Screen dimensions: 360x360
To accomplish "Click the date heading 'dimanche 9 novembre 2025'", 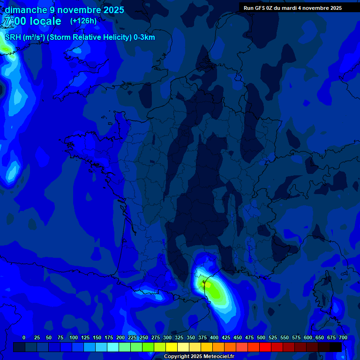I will [x=64, y=10].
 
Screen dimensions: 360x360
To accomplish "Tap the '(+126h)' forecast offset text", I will [x=83, y=21].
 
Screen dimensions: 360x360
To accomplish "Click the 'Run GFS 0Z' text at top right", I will [x=258, y=8].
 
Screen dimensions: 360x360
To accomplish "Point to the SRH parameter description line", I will [x=80, y=37].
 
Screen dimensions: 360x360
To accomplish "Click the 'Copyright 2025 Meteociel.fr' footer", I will [x=199, y=356].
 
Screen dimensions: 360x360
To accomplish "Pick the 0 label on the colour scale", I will [x=24, y=337].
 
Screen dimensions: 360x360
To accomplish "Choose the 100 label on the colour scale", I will [x=74, y=337].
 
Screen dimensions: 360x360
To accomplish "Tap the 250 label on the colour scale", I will [x=144, y=337].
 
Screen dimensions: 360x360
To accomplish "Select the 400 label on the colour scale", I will [x=214, y=337].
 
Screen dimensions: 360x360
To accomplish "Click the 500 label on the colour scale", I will [x=261, y=337].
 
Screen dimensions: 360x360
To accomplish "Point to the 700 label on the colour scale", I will [x=343, y=337].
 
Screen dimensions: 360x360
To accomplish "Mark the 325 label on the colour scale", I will [x=179, y=337].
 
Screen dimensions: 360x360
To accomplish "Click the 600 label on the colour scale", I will [x=308, y=337].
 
